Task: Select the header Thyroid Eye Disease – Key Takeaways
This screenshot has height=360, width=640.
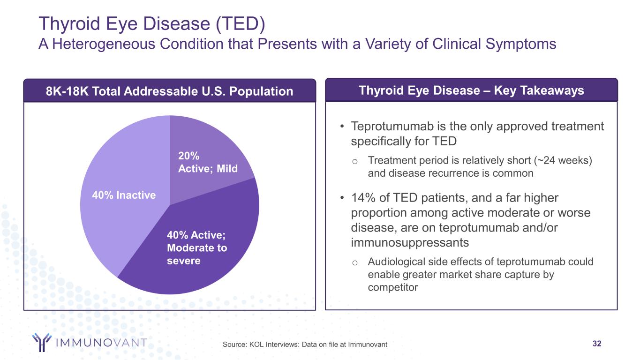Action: click(x=471, y=90)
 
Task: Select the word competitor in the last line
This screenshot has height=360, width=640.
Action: click(x=392, y=287)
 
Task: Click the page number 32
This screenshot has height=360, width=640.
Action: click(x=597, y=344)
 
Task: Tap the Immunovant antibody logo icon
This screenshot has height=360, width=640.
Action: click(x=41, y=342)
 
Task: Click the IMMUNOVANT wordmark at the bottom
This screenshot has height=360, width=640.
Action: click(x=101, y=343)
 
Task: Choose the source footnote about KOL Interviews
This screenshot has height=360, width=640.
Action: click(x=305, y=345)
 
